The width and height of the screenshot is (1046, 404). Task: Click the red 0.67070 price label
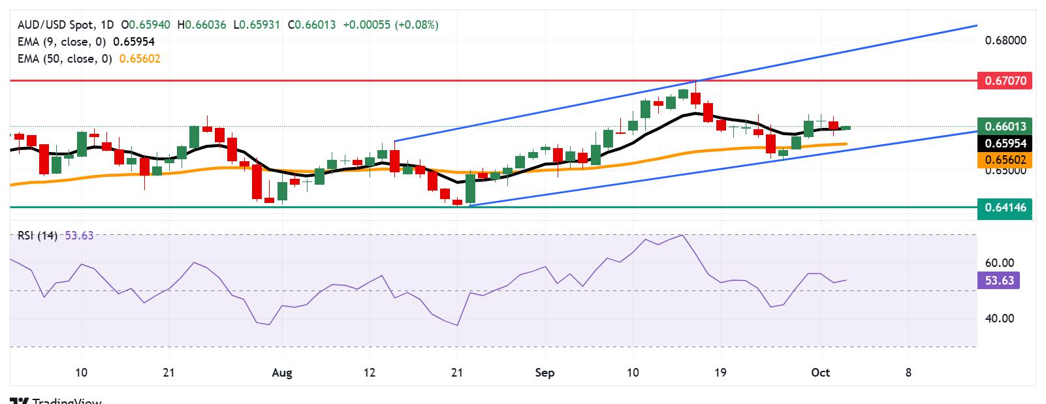pos(1005,82)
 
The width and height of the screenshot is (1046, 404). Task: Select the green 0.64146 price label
pos(1005,208)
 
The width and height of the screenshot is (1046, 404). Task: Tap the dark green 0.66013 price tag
pos(1005,127)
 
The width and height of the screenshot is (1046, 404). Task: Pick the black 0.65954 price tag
pos(1005,144)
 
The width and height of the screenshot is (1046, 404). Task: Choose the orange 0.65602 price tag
pos(1005,160)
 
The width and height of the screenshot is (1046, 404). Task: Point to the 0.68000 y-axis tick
pos(1005,40)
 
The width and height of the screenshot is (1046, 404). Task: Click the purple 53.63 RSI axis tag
pos(999,281)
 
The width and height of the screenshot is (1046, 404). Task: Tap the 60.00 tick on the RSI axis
pos(999,263)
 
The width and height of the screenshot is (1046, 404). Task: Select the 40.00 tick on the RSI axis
pos(999,319)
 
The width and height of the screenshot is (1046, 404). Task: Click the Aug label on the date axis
pos(282,373)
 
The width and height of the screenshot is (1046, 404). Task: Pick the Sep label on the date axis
pos(545,373)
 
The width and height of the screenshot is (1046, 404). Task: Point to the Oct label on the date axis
pos(820,373)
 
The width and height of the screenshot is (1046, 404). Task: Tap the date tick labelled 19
pos(720,373)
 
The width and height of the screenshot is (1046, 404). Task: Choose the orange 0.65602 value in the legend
pos(140,59)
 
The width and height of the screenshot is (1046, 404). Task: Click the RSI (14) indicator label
pos(38,236)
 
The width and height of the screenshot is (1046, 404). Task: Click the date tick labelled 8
pos(908,373)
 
